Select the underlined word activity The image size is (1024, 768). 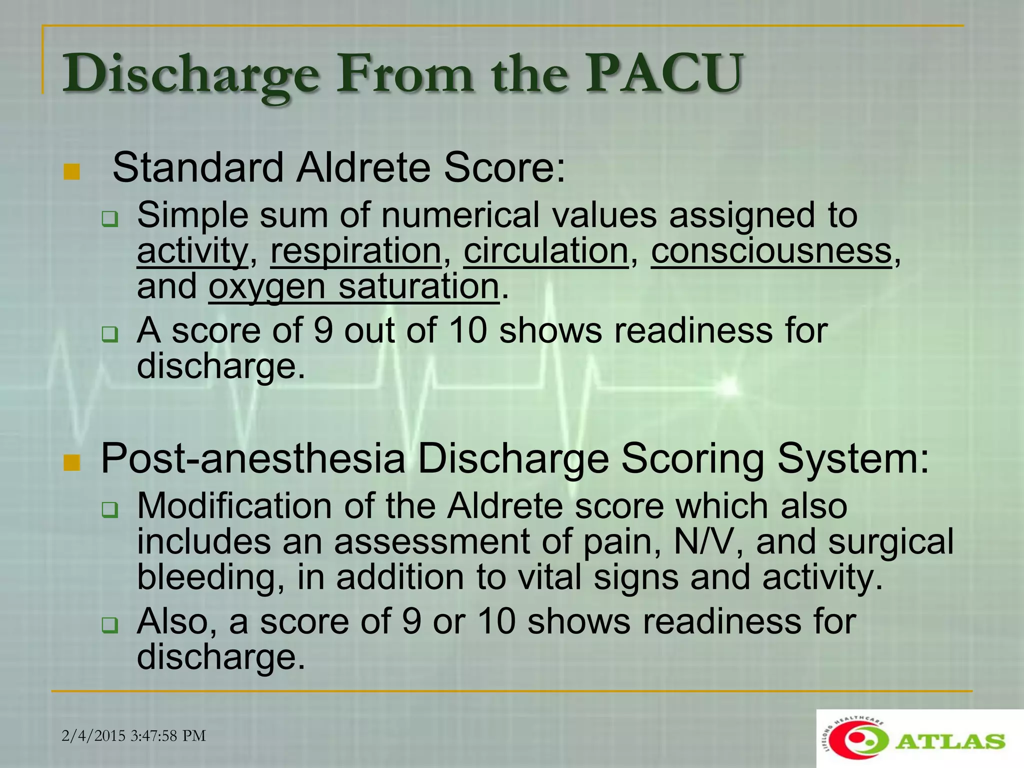[x=192, y=250]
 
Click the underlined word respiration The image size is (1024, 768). [x=355, y=250]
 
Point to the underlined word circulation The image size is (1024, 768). [x=545, y=250]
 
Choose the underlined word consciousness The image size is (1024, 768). [x=771, y=250]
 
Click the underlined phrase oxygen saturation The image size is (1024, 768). [x=353, y=286]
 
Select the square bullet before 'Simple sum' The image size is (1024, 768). [x=109, y=219]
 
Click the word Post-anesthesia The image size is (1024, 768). [x=252, y=458]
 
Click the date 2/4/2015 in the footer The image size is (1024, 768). [x=93, y=735]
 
